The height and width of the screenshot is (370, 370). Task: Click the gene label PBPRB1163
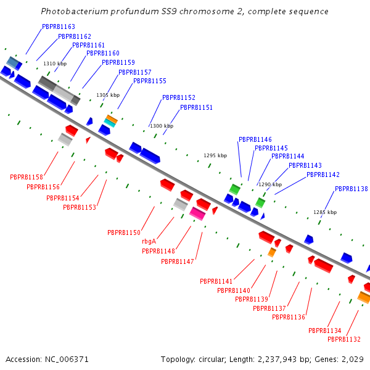(x=59, y=27)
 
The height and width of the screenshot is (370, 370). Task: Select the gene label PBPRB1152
(x=179, y=98)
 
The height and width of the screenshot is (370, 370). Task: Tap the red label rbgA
(x=149, y=242)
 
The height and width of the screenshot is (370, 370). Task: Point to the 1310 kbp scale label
(x=55, y=64)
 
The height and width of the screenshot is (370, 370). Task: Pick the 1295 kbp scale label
(x=215, y=155)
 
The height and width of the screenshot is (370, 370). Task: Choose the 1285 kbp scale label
(x=325, y=212)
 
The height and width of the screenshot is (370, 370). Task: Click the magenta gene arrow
(x=197, y=213)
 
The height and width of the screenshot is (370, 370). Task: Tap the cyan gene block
(x=109, y=123)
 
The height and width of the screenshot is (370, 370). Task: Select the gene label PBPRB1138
(x=351, y=189)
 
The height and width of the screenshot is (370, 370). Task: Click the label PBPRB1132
(x=344, y=340)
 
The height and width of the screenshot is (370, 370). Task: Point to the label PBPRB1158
(x=27, y=178)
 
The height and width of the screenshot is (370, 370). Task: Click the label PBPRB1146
(x=255, y=140)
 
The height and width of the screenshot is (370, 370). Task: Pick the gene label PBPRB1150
(x=124, y=232)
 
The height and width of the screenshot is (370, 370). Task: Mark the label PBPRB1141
(x=216, y=281)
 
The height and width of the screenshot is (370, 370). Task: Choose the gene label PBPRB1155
(x=150, y=81)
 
